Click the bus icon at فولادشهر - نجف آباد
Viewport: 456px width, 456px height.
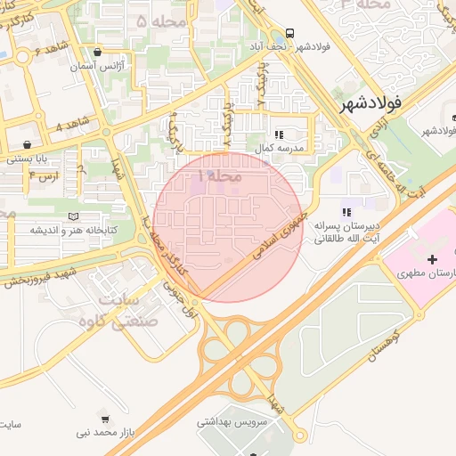(x=292, y=31)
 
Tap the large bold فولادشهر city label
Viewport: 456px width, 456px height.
(x=371, y=103)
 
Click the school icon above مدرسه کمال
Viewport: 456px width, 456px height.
(x=279, y=135)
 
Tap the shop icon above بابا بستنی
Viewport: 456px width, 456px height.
(x=28, y=144)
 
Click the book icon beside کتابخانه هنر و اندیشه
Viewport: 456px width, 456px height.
(x=73, y=216)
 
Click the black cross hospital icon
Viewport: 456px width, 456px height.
(x=432, y=260)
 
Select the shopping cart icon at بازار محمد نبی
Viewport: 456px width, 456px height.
(x=105, y=419)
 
